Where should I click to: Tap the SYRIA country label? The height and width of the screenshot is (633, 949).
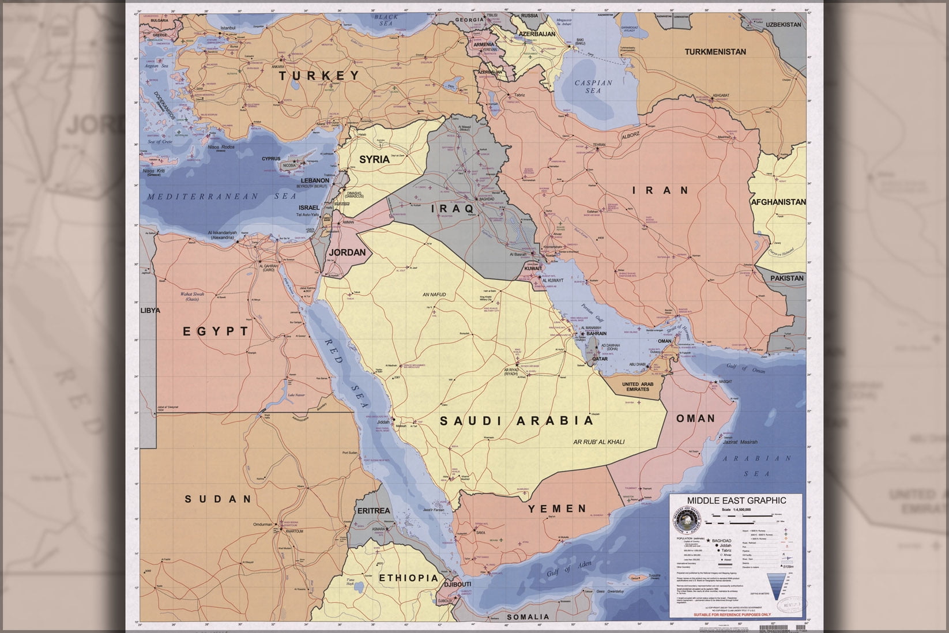click(x=374, y=159)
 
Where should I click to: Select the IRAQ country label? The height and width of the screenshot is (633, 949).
click(x=453, y=208)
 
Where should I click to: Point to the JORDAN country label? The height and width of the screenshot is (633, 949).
click(x=347, y=252)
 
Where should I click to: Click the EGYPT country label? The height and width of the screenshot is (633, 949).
click(x=216, y=331)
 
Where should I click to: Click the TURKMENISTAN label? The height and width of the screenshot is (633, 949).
click(x=715, y=51)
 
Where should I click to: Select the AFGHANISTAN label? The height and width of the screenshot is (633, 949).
click(x=778, y=202)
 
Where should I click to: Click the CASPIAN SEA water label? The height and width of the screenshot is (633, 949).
click(x=593, y=87)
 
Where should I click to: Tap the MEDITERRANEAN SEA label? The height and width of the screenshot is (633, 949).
click(x=221, y=197)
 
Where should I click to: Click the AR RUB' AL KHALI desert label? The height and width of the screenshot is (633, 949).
click(x=598, y=442)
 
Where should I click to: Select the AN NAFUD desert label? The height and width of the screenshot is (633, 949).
click(x=434, y=295)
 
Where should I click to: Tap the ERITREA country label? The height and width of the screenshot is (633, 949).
click(x=374, y=511)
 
